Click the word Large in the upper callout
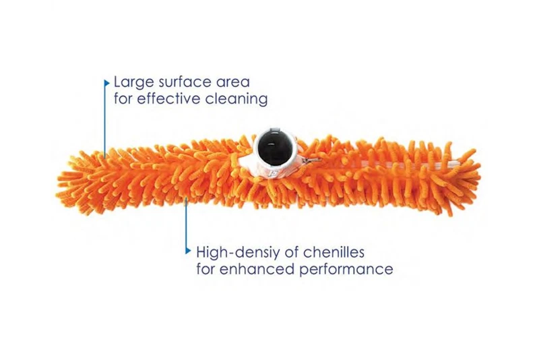pos(131,82)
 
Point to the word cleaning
pos(238,99)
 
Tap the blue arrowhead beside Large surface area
pos(106,82)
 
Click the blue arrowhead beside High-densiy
pos(188,251)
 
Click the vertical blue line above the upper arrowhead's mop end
pos(105,121)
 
